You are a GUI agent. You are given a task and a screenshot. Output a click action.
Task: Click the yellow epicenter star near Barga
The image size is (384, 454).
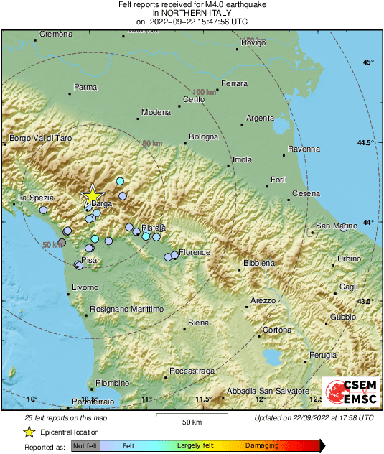tap(92, 195)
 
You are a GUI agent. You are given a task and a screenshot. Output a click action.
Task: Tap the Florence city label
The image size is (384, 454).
tap(195, 253)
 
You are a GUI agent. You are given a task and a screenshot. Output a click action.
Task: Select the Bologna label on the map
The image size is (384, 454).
tap(203, 136)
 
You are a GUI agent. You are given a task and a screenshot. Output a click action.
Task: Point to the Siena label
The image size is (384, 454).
tap(198, 323)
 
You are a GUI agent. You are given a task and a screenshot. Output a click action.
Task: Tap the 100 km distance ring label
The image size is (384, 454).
tap(205, 92)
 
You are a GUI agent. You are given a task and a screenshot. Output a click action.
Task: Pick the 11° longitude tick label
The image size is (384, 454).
tap(147, 399)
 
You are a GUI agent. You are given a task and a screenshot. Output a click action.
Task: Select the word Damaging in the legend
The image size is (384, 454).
tap(263, 446)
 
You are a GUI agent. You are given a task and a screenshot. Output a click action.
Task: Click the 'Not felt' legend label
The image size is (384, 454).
tap(86, 446)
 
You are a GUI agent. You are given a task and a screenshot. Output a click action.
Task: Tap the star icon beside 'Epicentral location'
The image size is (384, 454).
tap(29, 432)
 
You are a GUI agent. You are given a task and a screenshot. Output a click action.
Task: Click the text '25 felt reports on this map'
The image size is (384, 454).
tap(66, 417)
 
